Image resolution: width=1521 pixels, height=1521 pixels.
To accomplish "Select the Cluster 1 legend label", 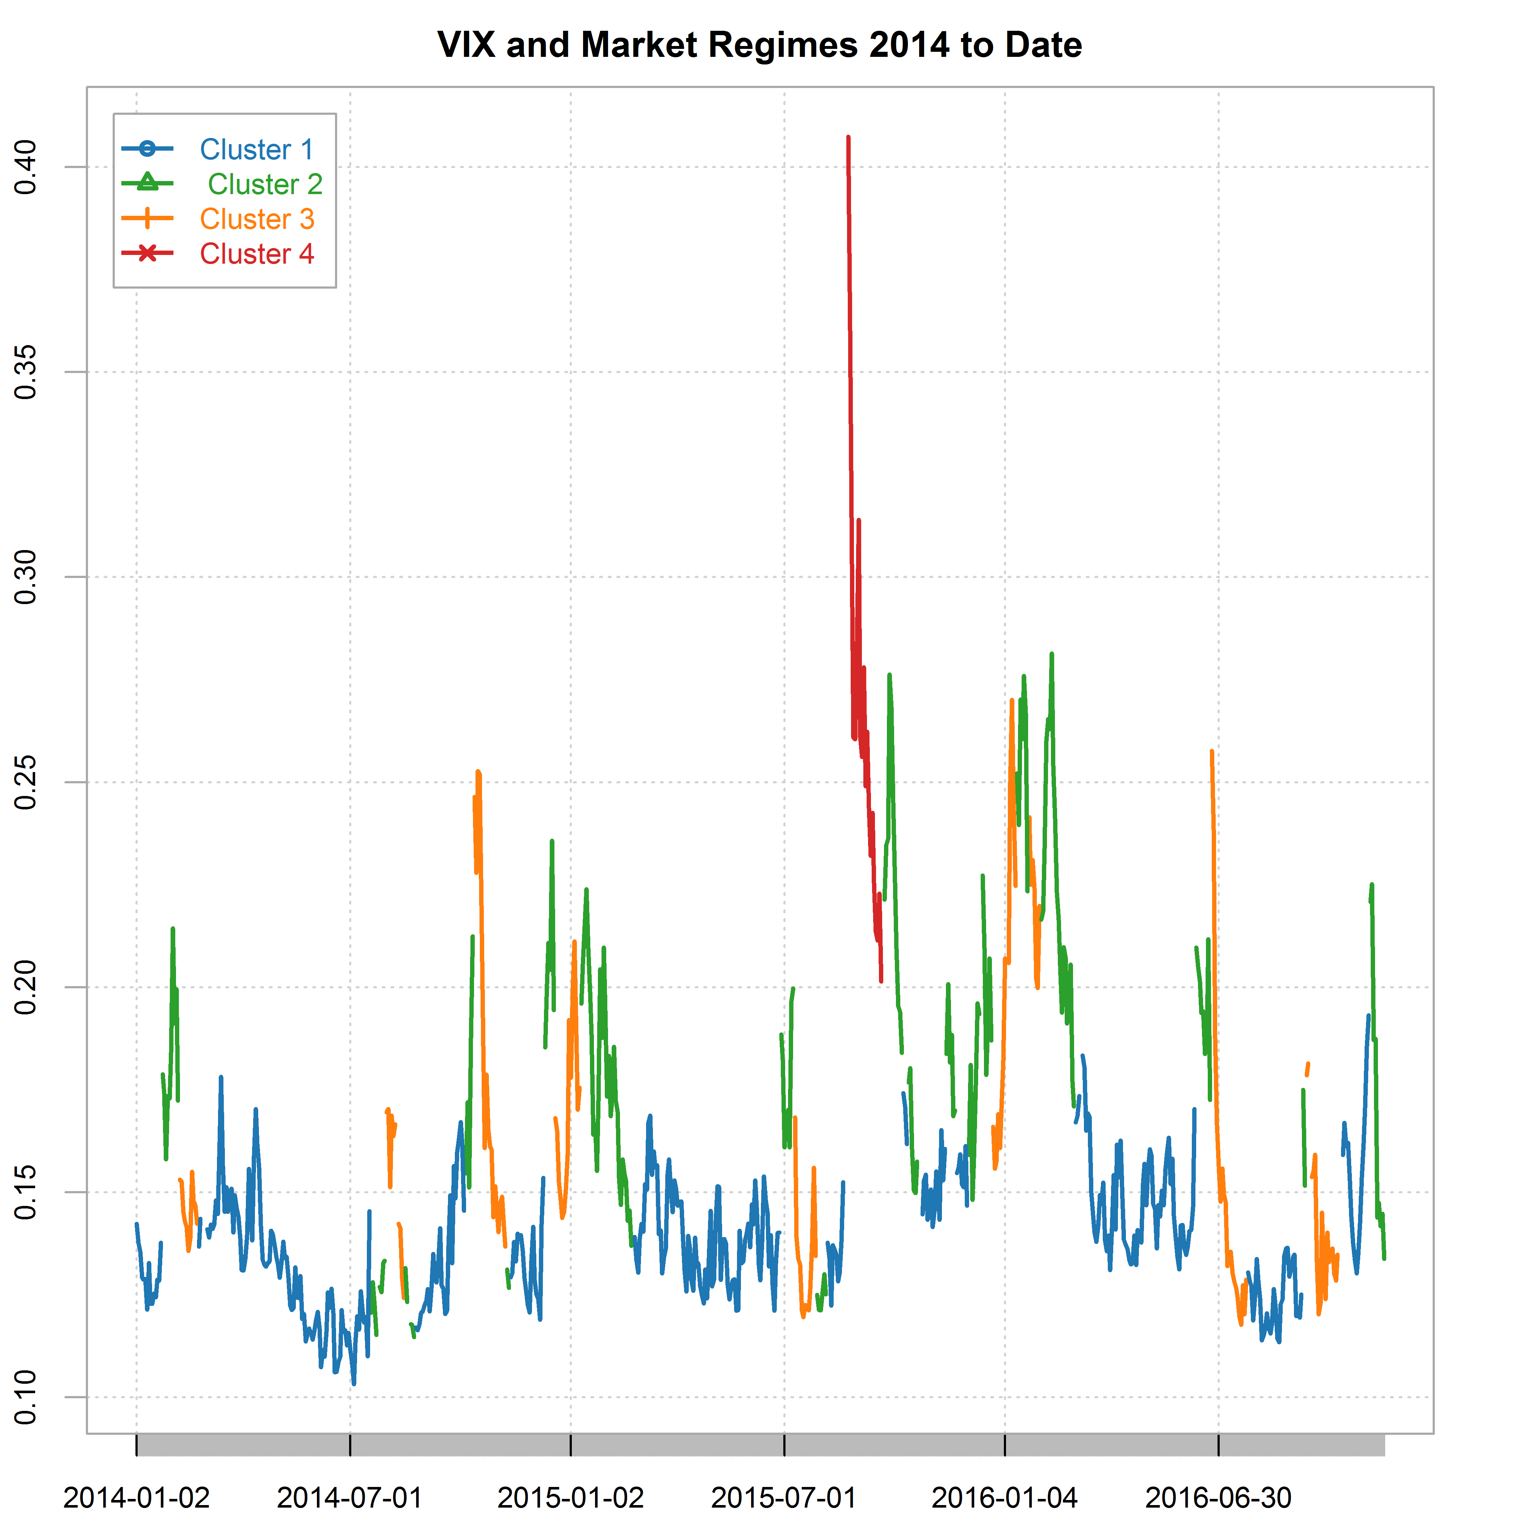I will [257, 150].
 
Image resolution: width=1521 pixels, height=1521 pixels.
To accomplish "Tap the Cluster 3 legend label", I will [257, 219].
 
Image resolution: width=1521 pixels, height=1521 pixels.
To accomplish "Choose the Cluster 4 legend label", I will [257, 253].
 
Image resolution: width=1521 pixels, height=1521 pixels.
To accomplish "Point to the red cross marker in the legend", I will [147, 253].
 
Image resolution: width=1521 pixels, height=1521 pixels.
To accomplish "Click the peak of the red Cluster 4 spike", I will [848, 137].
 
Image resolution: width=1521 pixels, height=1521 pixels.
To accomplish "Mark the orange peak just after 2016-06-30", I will [1212, 751].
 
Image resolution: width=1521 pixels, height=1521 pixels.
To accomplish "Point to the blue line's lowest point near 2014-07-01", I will [353, 1383].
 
